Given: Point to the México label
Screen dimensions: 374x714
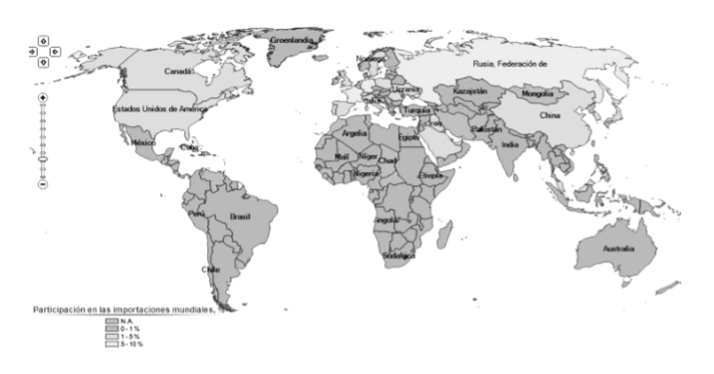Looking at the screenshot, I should coord(144,142).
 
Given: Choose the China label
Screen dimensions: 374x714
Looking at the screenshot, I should coord(551,115).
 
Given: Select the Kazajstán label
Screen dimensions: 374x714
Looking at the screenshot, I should coord(470,92).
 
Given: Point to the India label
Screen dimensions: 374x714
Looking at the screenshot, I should coord(510,144).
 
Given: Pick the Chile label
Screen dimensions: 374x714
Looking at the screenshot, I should coord(211,269).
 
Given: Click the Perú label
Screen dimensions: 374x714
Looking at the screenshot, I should coord(196,213).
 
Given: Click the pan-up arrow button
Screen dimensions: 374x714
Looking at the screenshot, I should coord(44,40).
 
